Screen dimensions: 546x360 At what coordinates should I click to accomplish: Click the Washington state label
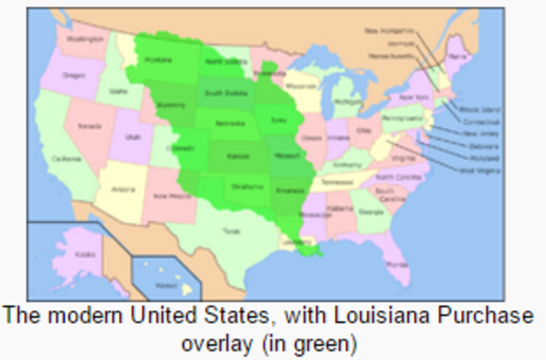point(86,38)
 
